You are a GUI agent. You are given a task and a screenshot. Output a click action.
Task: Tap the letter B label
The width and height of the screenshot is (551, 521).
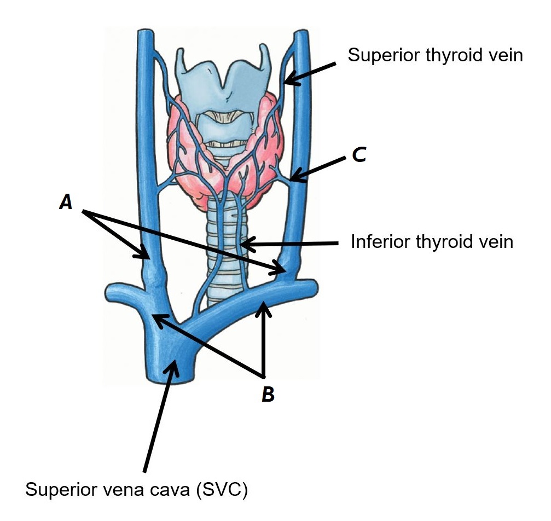pos(268,394)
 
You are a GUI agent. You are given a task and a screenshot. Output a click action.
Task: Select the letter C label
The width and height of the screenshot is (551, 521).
pos(358,155)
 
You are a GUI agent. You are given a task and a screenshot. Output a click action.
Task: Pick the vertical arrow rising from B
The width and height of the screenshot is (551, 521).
pos(265,339)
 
